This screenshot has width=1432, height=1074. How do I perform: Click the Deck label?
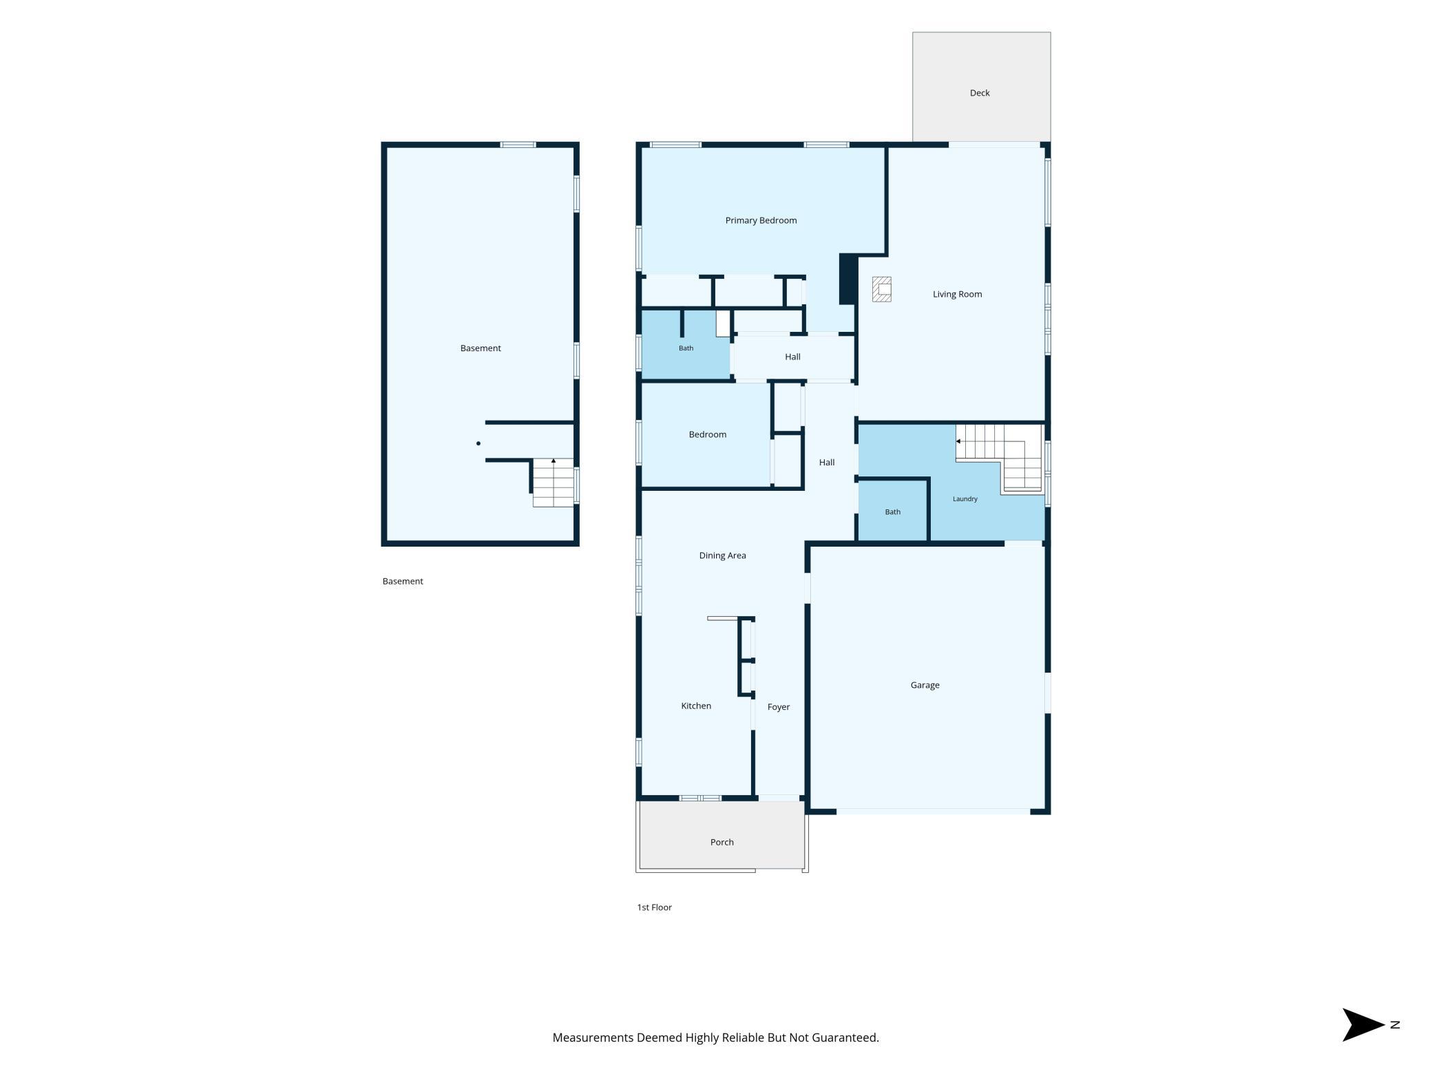(979, 93)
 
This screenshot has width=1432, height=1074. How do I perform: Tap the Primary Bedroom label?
(761, 220)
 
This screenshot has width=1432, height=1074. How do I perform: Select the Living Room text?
(957, 294)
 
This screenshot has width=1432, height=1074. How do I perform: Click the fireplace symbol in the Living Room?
(882, 289)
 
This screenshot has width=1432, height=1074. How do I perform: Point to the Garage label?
(925, 685)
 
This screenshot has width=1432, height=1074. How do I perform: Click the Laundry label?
(965, 499)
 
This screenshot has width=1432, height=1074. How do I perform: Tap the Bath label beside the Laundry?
(892, 512)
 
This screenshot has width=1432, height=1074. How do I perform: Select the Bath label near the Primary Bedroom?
(686, 348)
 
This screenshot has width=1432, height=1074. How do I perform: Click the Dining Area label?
(722, 556)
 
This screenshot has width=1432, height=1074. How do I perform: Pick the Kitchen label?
(696, 706)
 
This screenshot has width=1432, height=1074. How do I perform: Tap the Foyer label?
(779, 707)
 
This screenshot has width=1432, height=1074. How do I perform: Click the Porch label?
(722, 842)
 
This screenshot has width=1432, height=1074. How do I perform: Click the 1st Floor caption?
(654, 907)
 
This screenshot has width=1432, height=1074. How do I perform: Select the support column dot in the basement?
(478, 443)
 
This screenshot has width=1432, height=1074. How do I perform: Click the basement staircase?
(554, 483)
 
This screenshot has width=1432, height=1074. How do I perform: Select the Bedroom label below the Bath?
(707, 434)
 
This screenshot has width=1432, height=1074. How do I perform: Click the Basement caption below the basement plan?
(403, 581)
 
